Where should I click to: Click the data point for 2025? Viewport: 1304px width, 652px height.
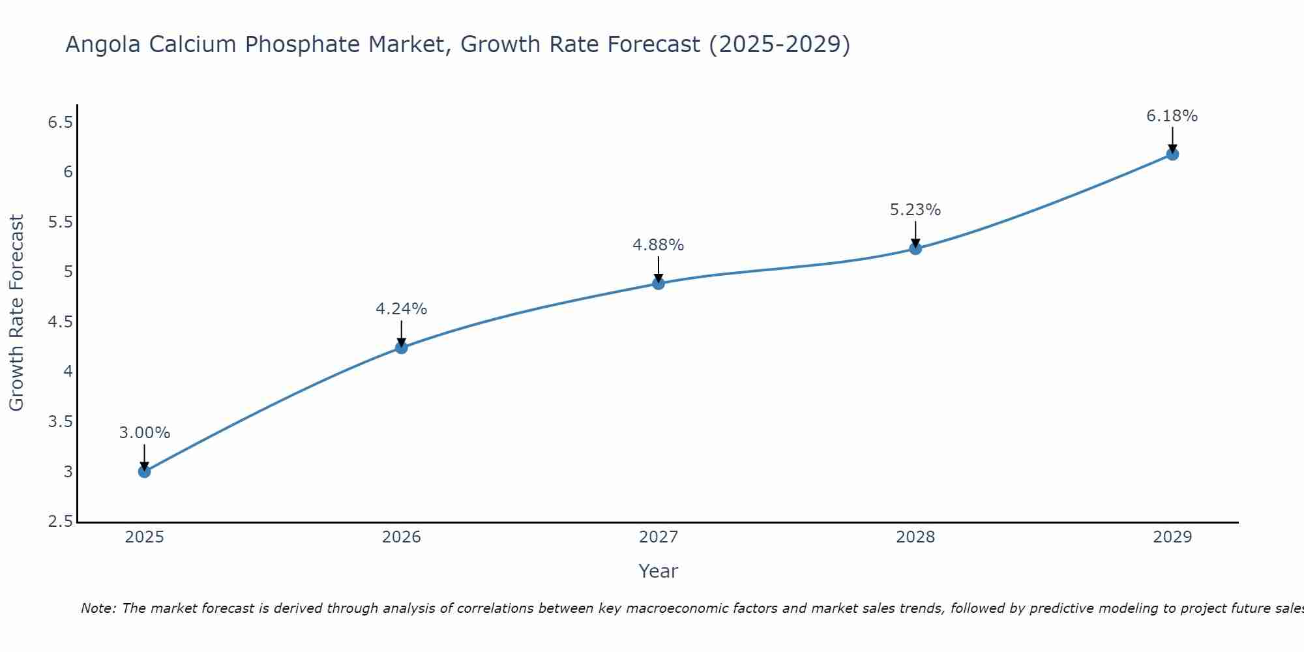[x=144, y=471]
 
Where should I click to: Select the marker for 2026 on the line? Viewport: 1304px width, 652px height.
[x=401, y=348]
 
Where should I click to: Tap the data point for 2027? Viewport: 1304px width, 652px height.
[x=658, y=283]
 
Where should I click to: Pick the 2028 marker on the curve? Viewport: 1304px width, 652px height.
[x=915, y=248]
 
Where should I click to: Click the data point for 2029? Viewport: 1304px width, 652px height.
[x=1172, y=155]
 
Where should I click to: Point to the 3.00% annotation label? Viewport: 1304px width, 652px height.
[x=144, y=433]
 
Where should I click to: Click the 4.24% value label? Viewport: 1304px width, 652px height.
[x=401, y=309]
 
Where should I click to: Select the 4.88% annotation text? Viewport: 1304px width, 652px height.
[x=658, y=245]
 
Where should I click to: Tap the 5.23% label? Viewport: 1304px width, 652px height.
[x=915, y=210]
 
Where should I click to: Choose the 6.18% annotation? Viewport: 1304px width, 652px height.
[x=1172, y=116]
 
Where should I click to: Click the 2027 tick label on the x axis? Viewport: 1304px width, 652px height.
[x=658, y=537]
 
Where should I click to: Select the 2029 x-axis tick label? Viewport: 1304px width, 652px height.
[x=1172, y=537]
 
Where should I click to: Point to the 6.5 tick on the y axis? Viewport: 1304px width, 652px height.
[x=60, y=122]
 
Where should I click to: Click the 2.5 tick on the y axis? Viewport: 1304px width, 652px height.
[x=60, y=522]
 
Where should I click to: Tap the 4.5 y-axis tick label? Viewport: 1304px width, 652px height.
[x=60, y=322]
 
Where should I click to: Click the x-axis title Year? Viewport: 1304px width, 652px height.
[x=658, y=571]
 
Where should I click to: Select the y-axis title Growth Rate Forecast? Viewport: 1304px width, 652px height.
[x=16, y=313]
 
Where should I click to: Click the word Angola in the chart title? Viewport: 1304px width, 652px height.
[x=102, y=44]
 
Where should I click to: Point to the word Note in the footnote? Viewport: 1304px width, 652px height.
[x=98, y=608]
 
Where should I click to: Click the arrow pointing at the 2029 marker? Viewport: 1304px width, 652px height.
[x=1172, y=138]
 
